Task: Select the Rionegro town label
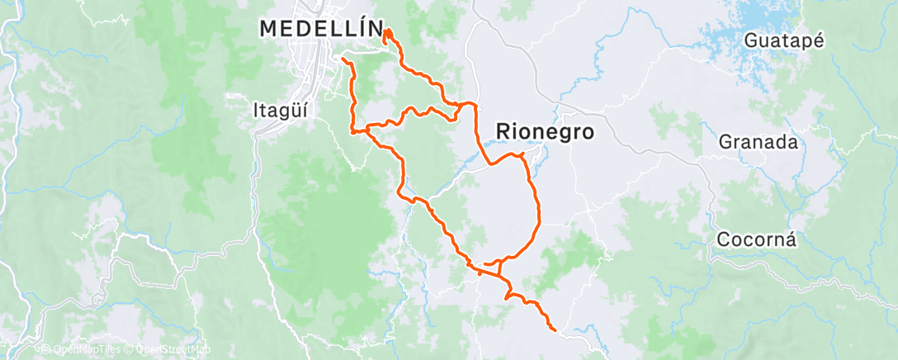(x=545, y=130)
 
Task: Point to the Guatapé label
(x=784, y=41)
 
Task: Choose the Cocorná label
(x=756, y=240)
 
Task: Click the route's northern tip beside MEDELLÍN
(x=385, y=31)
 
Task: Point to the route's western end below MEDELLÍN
(x=343, y=60)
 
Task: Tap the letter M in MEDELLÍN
(x=268, y=29)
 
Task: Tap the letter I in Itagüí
(x=255, y=107)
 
